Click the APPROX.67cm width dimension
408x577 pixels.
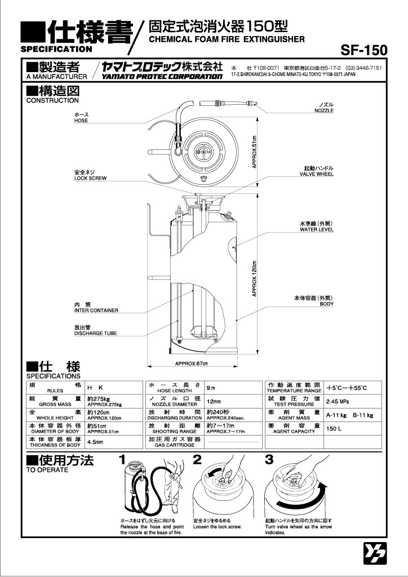pyautogui.click(x=191, y=363)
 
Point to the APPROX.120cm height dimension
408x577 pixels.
pyautogui.click(x=254, y=278)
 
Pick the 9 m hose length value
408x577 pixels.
pyautogui.click(x=211, y=389)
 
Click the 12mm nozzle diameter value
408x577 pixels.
pyautogui.click(x=214, y=402)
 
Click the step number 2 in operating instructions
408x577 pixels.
pyautogui.click(x=197, y=459)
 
